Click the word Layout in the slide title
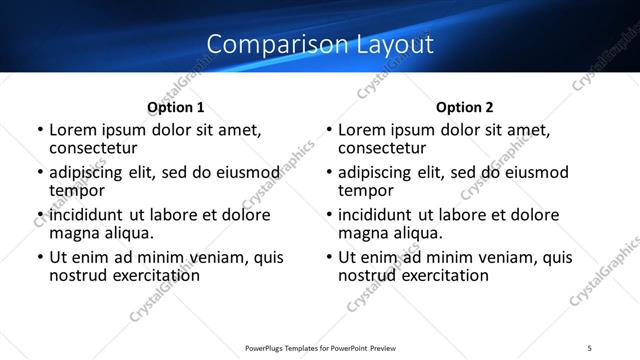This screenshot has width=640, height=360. coord(396,45)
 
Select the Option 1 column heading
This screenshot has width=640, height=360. coord(175,107)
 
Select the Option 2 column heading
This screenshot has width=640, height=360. coord(465,107)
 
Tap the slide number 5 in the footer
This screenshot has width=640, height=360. coord(590,347)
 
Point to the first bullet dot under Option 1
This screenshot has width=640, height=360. coord(40,130)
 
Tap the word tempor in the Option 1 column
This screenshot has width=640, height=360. coord(77,189)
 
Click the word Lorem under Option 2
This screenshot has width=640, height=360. coord(361,130)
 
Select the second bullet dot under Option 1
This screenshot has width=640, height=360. coord(40,173)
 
